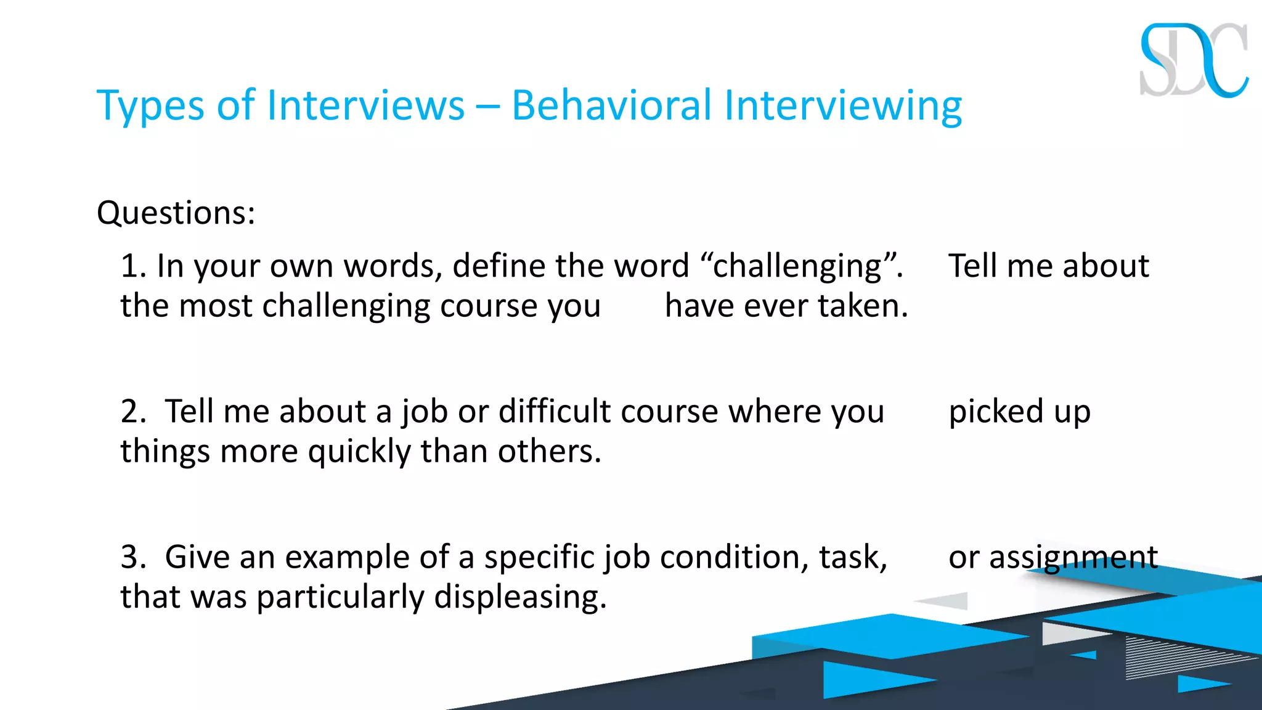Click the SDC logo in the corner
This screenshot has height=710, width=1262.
coord(1194,60)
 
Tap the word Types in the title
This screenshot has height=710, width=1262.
coord(150,106)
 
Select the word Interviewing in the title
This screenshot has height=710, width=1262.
coord(842,106)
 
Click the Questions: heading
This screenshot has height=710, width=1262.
coord(176,213)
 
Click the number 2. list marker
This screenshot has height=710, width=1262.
coord(133,412)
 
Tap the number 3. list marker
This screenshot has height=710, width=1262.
coord(133,557)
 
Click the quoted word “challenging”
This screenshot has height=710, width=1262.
coord(801,266)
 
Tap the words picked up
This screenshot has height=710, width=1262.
coord(1019,412)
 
